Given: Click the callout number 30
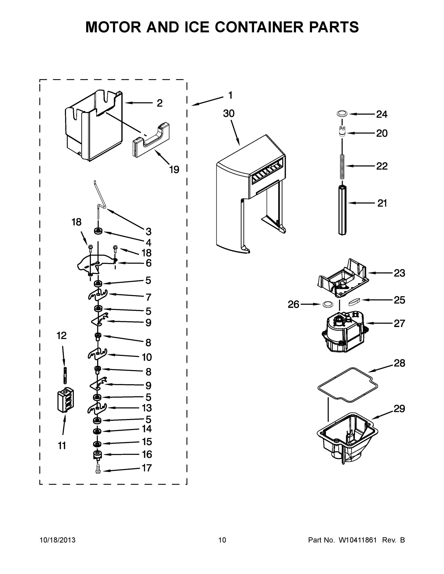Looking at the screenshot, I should [229, 114].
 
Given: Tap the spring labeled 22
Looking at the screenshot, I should [342, 166].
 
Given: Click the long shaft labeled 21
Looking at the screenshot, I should [342, 210].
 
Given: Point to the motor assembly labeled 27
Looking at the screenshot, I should [343, 332].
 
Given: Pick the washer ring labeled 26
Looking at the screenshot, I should [327, 304].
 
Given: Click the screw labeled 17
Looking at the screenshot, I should [98, 471].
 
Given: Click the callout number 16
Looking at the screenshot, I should [147, 454].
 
